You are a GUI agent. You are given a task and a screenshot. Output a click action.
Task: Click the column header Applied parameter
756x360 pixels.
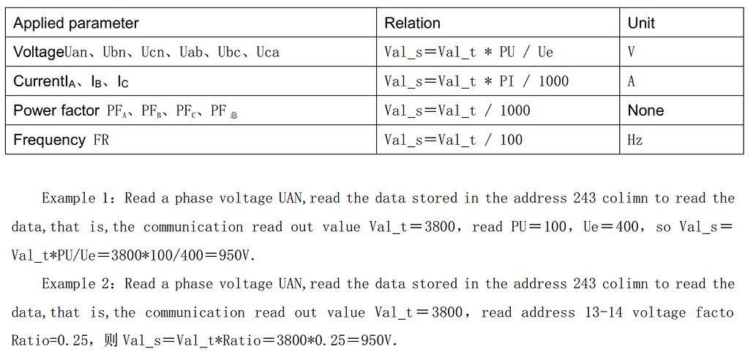tap(76, 23)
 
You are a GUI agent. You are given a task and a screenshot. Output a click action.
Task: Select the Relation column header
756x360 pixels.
tap(412, 23)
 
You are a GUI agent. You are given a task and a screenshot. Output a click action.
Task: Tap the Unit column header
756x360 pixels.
tap(641, 23)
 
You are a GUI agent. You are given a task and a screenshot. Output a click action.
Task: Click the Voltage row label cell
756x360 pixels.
tap(146, 52)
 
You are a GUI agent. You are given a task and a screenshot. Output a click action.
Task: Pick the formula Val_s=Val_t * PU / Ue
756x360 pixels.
tap(468, 52)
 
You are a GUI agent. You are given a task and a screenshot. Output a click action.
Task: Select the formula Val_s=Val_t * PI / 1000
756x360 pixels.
tap(476, 81)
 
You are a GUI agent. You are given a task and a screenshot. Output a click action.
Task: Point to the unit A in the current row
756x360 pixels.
tap(632, 81)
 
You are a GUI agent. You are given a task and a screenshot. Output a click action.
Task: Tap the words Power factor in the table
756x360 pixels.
tap(56, 110)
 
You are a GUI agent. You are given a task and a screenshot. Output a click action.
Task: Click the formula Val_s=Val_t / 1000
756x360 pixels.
tap(457, 110)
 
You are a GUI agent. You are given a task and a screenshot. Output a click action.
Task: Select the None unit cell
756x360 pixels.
tap(645, 110)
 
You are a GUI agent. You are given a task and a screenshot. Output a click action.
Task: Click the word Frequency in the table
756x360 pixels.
tap(49, 140)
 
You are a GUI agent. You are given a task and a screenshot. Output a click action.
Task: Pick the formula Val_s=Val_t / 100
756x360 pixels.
tap(453, 140)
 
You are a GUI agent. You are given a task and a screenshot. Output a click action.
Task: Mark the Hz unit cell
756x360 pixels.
tap(635, 140)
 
